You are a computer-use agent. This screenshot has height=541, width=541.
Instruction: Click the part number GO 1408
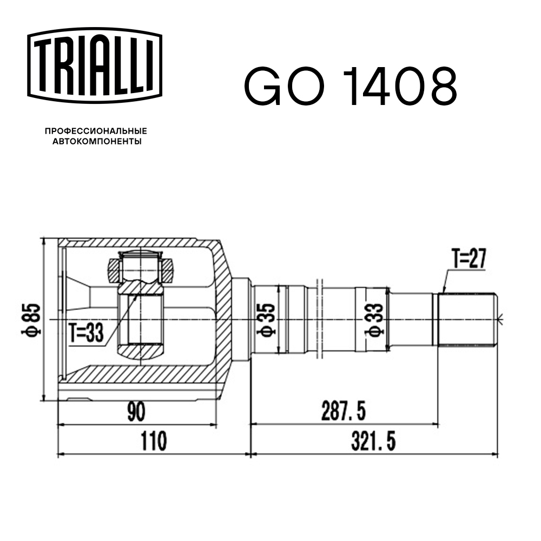(351, 87)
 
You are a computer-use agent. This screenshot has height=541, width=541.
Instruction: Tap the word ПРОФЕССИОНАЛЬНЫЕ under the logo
(96, 131)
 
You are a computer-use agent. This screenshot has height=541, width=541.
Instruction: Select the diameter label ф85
(32, 320)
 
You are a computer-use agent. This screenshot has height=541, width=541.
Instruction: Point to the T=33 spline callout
(87, 332)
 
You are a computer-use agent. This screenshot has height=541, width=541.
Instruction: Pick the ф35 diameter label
(268, 320)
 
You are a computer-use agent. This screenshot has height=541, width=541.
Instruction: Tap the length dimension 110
(153, 441)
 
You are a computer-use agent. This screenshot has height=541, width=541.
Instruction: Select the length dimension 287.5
(343, 412)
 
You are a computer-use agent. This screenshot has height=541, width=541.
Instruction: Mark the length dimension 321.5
(373, 441)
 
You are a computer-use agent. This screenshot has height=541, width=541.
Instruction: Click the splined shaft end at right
(467, 320)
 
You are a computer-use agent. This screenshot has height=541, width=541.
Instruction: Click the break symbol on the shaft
(318, 319)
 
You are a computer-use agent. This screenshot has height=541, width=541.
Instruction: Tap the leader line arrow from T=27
(443, 286)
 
